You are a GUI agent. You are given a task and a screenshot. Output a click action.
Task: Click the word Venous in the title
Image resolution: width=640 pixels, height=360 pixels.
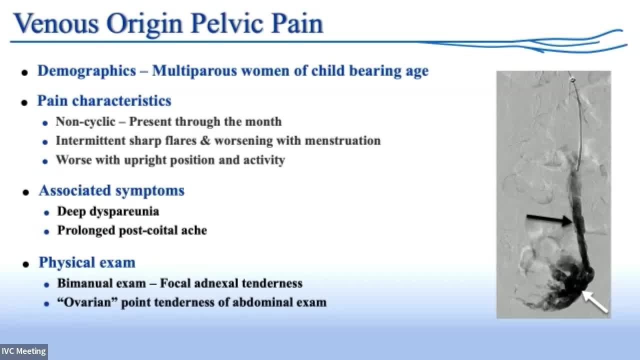tap(56, 23)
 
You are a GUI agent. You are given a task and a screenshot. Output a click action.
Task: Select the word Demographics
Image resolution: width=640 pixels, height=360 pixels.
tap(87, 71)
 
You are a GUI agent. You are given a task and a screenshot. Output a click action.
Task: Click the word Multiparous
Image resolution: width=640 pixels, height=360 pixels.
tap(194, 71)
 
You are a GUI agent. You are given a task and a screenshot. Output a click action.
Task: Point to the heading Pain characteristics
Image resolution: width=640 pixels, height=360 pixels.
tap(104, 101)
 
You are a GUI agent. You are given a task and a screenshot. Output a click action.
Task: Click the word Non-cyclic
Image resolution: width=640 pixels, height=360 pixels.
tap(85, 121)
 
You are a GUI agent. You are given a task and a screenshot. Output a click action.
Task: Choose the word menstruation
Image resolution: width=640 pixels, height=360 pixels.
tap(343, 140)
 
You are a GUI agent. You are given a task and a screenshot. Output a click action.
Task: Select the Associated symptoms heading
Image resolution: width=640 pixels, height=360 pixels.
tap(111, 190)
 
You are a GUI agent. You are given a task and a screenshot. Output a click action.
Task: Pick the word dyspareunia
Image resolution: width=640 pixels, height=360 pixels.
tap(124, 212)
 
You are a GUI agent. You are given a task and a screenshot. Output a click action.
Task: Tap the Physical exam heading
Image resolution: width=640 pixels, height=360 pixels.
tap(87, 262)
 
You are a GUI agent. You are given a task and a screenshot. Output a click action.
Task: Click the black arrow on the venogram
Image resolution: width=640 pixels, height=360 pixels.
tap(549, 219)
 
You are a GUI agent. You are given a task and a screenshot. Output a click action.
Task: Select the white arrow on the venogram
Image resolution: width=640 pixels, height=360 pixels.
tap(595, 301)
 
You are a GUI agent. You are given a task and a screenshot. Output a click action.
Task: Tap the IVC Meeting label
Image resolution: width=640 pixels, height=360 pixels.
tap(23, 351)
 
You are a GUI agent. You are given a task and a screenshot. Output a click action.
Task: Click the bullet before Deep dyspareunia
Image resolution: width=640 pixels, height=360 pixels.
tap(46, 213)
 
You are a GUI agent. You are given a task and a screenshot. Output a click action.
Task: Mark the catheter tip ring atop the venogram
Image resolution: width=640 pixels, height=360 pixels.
tap(572, 79)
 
